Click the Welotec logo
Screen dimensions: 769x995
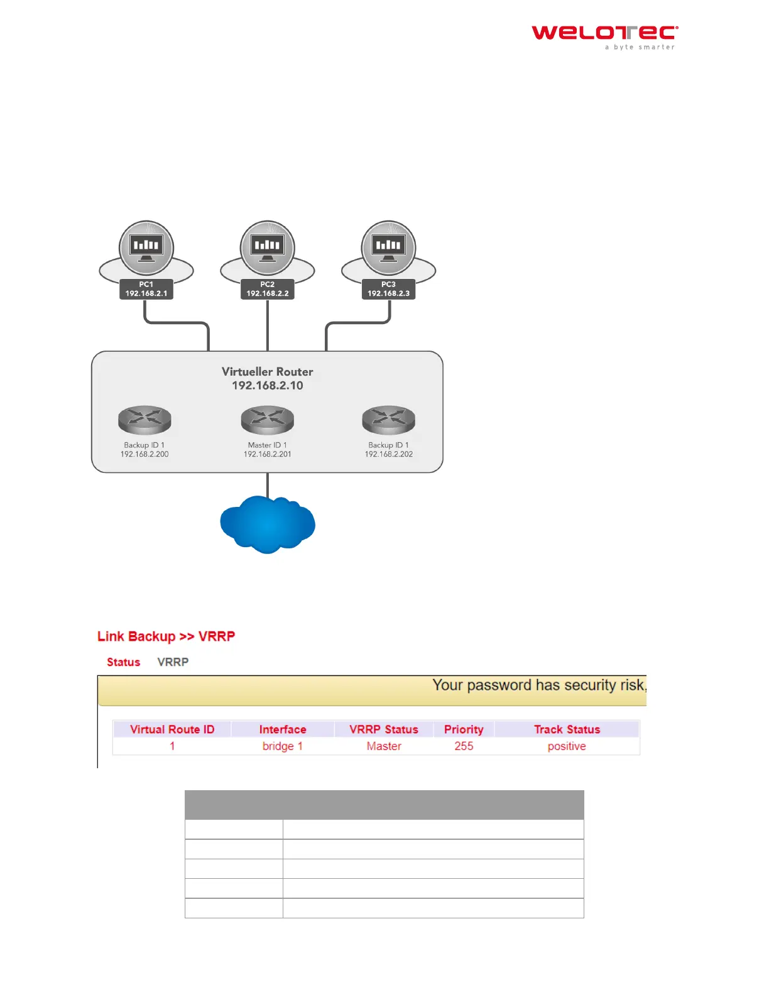[x=604, y=36]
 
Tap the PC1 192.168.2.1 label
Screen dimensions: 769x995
[x=146, y=289]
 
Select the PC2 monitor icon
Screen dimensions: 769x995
[x=268, y=246]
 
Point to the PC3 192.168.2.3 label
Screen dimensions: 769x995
[x=388, y=289]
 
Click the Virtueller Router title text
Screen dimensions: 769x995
[x=267, y=371]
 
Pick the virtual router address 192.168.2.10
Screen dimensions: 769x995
[x=267, y=386]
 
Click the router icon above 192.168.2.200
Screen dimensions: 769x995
[x=145, y=420]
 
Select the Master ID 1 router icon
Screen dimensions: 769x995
[x=268, y=420]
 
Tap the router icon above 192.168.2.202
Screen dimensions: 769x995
[x=389, y=420]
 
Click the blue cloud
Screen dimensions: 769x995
[x=268, y=524]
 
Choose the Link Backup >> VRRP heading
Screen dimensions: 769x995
[x=166, y=636]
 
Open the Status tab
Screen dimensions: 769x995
[x=123, y=662]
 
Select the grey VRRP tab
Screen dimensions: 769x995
[x=173, y=662]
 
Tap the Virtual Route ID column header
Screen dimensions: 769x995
[x=172, y=729]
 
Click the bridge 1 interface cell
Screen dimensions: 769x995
[x=283, y=746]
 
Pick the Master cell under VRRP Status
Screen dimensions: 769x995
[x=384, y=746]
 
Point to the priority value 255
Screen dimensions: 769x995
[x=464, y=746]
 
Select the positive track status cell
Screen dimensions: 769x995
[x=567, y=746]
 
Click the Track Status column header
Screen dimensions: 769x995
[x=567, y=729]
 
